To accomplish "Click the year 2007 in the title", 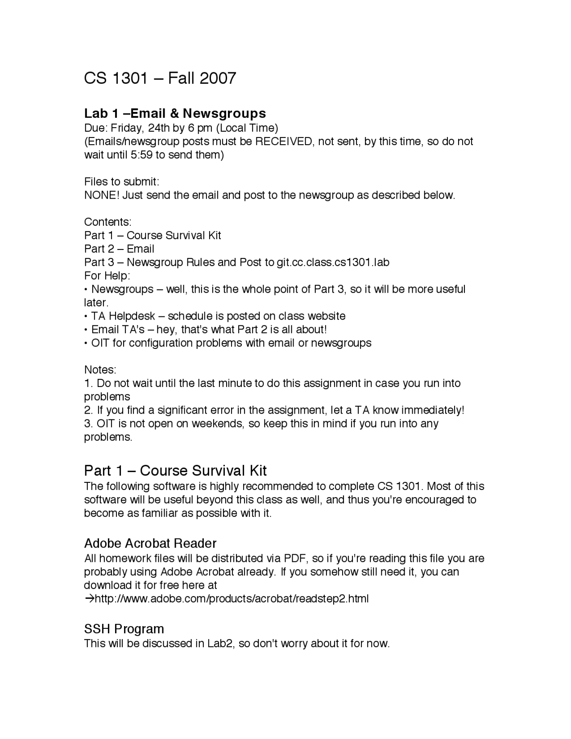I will pos(218,79).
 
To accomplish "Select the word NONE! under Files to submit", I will pos(102,195).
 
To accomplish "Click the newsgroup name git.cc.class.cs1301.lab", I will pos(333,262).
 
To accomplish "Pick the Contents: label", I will pos(108,222).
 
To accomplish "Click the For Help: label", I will pos(107,275).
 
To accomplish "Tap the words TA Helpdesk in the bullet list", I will pos(123,316).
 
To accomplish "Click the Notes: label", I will pos(100,369).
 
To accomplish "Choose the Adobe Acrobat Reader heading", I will pos(150,543).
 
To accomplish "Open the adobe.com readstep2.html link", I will pos(232,598).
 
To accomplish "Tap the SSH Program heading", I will pos(124,629).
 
